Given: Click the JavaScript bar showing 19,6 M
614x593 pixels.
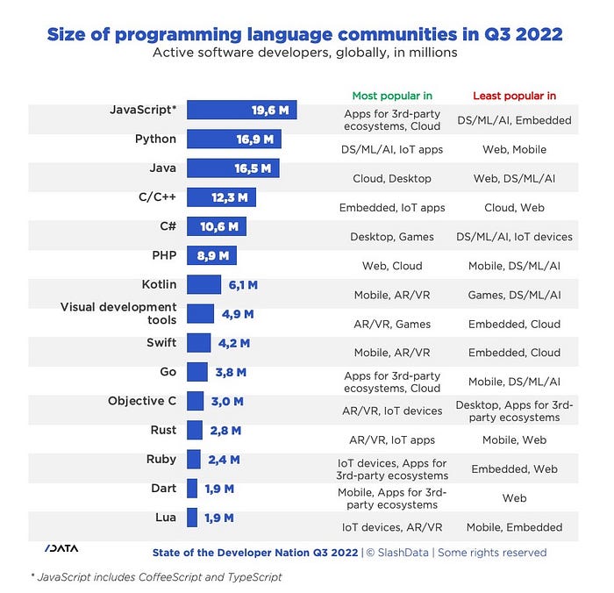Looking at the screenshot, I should click(242, 111).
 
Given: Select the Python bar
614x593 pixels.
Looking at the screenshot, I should click(233, 139).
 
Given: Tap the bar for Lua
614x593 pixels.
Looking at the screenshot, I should click(192, 518).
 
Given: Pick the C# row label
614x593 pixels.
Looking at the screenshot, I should click(168, 226).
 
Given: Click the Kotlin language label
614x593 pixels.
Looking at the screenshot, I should click(159, 284).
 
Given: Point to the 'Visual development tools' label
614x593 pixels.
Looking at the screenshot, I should click(118, 313).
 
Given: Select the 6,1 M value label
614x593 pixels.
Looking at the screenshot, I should click(243, 285).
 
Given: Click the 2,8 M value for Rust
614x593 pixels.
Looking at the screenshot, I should click(225, 431).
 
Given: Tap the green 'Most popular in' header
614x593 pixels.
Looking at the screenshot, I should click(391, 96).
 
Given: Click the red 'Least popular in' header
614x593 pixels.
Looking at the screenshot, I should click(514, 96).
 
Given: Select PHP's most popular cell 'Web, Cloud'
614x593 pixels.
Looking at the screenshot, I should click(391, 266).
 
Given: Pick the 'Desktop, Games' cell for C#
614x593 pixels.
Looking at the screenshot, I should click(391, 237).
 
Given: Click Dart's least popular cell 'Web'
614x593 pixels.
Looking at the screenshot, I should click(514, 498).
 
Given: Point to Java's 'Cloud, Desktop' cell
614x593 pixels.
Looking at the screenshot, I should click(391, 178).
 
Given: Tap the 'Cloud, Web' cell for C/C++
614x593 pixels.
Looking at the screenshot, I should click(514, 208).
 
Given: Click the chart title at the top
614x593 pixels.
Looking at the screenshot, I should click(304, 34).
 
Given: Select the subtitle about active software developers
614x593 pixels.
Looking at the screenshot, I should click(304, 54).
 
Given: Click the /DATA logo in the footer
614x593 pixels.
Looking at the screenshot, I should click(61, 548).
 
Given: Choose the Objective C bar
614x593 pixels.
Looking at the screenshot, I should click(196, 402).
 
